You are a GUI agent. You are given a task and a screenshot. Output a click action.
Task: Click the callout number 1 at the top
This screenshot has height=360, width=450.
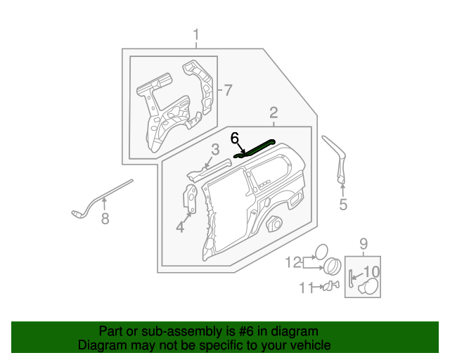coord(196,34)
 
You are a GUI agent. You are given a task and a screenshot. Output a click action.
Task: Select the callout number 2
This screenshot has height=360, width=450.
coord(274,112)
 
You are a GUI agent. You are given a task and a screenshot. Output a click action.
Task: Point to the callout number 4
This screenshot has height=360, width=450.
coord(180,226)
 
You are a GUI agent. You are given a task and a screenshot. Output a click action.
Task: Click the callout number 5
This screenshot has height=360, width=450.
coord(343,205)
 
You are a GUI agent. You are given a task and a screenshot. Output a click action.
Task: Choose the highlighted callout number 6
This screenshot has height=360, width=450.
coord(235,138)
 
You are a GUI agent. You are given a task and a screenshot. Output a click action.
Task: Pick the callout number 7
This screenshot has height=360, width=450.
coord(227,89)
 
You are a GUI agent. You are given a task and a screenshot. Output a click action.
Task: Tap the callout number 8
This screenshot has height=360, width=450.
coord(105,219)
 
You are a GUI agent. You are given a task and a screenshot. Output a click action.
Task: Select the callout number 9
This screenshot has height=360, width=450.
coord(364,244)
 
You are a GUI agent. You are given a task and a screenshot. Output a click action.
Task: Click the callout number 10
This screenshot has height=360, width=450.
coord(371,271)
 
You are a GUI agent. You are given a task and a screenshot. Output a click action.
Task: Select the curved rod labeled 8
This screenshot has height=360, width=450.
coord(98,196)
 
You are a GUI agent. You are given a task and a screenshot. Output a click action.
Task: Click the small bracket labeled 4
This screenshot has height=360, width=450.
coord(190,198)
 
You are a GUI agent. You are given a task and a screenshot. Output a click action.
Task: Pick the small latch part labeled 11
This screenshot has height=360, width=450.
coord(328,286)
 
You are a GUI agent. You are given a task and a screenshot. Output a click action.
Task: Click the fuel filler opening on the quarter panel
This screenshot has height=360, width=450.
coord(274,224)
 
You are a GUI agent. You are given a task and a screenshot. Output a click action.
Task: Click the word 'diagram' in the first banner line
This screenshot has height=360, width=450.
coord(293,331)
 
